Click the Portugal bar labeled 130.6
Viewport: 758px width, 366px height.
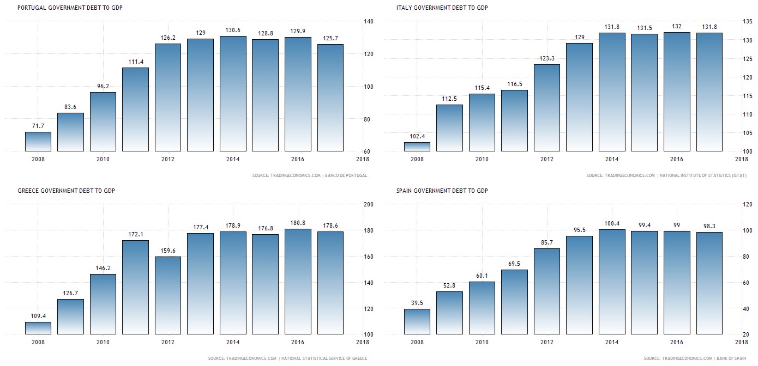(233, 94)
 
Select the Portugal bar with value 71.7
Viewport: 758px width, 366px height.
(38, 142)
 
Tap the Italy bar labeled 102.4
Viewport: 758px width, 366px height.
(417, 147)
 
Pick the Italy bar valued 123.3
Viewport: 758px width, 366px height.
(547, 108)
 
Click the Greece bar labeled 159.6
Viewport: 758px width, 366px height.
(168, 295)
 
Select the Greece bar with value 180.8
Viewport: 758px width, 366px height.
(298, 281)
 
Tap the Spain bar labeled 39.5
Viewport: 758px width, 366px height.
(417, 321)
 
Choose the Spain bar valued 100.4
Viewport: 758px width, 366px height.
(612, 282)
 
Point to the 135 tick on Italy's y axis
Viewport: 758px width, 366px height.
(741, 22)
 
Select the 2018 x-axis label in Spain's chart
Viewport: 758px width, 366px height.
(741, 343)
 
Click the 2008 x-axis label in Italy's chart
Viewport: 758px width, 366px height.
(417, 160)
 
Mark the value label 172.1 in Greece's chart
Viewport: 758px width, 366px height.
(135, 234)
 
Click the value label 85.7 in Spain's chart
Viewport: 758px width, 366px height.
(546, 242)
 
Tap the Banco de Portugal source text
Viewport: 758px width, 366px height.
(346, 175)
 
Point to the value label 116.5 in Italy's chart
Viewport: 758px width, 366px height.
(514, 84)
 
